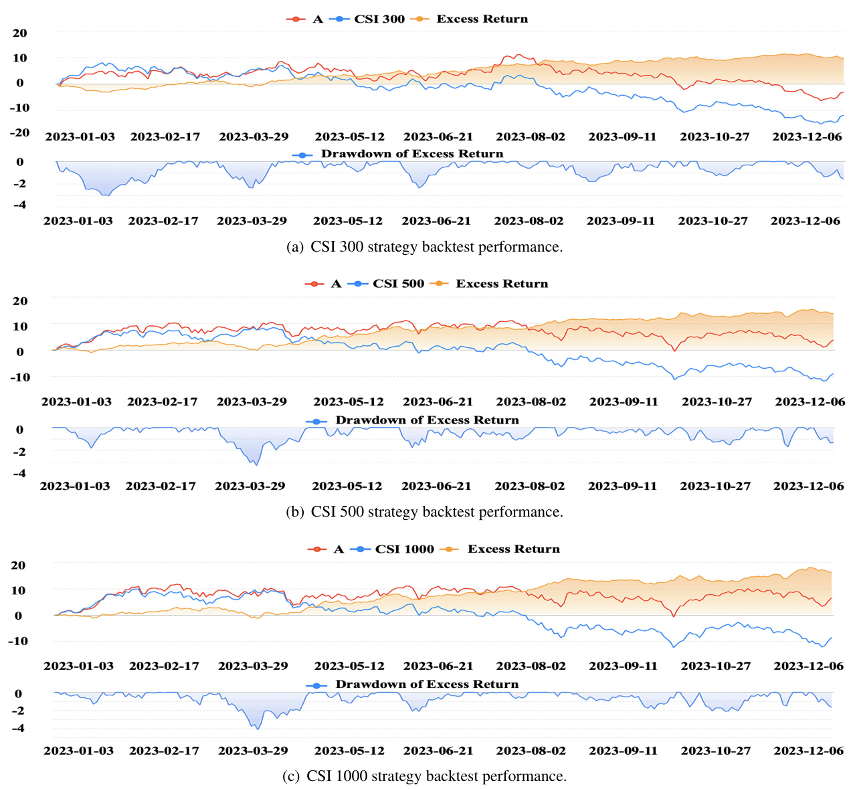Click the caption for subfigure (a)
(424, 247)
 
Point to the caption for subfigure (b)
(424, 512)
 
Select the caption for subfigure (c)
(424, 776)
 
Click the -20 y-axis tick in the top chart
(20, 133)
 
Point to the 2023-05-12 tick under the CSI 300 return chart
(350, 137)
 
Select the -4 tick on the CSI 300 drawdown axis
(19, 205)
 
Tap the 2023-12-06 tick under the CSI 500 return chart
(810, 402)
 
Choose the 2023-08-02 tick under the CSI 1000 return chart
(531, 666)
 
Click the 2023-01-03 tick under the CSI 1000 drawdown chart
(78, 750)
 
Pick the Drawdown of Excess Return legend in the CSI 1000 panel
(426, 685)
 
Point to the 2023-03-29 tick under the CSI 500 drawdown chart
(250, 486)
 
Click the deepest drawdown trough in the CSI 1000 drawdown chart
(258, 729)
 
